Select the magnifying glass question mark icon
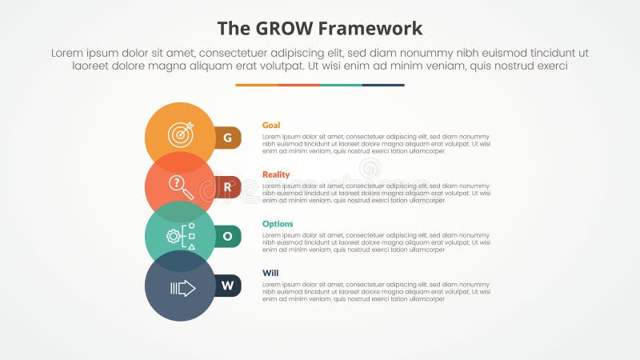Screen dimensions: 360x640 pyautogui.click(x=180, y=186)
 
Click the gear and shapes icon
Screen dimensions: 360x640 pyautogui.click(x=180, y=236)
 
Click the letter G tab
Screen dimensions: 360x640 pyautogui.click(x=227, y=138)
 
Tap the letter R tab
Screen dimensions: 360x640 pyautogui.click(x=227, y=188)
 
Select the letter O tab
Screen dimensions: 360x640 pyautogui.click(x=227, y=236)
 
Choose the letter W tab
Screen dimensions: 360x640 pyautogui.click(x=227, y=286)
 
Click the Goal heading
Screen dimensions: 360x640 pyautogui.click(x=271, y=125)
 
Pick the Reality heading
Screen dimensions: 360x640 pyautogui.click(x=276, y=174)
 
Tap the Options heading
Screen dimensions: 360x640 pyautogui.click(x=278, y=224)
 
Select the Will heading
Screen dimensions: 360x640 pyautogui.click(x=270, y=274)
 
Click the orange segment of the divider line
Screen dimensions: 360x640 pyautogui.click(x=256, y=85)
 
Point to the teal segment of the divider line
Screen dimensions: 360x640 pyautogui.click(x=341, y=85)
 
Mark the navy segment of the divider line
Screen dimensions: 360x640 pyautogui.click(x=383, y=85)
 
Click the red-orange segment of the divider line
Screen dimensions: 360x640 pyautogui.click(x=298, y=85)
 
